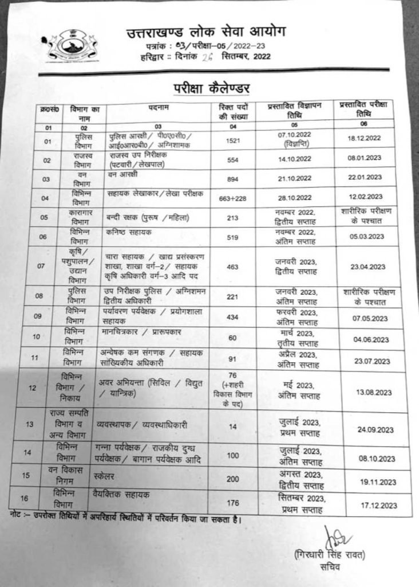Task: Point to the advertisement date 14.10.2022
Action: [295, 161]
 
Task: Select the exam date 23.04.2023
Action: [369, 267]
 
